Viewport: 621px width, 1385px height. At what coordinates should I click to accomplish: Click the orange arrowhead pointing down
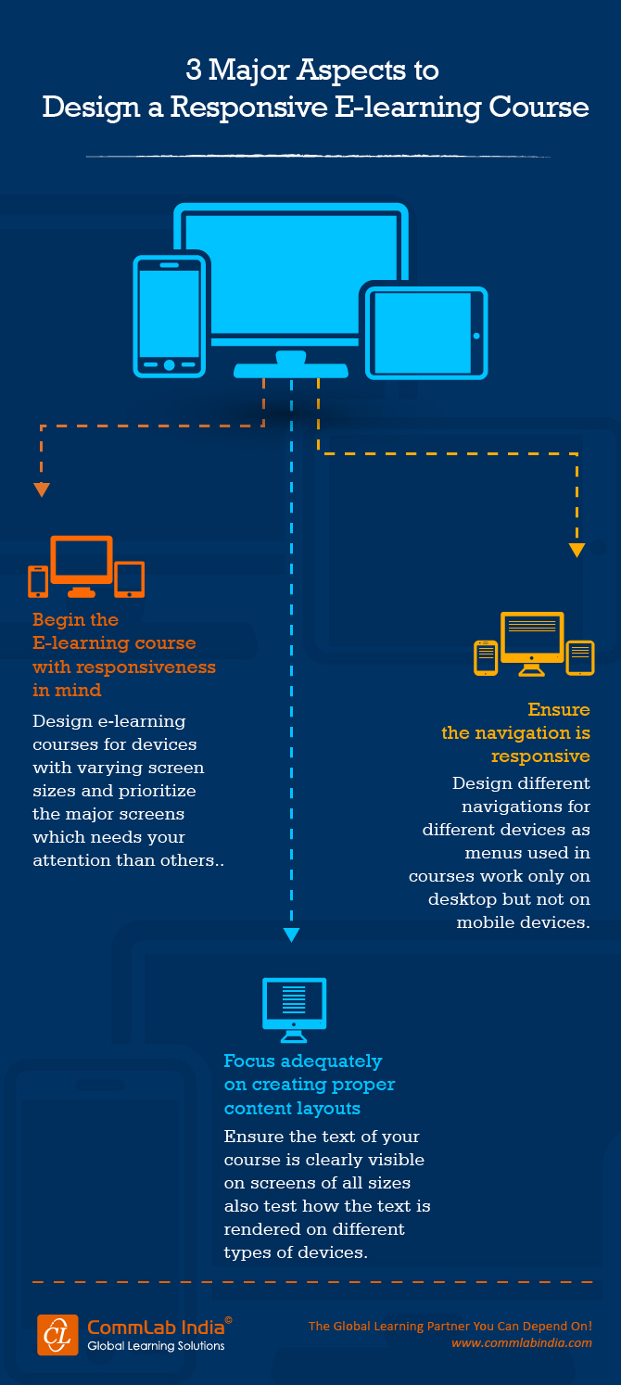point(42,489)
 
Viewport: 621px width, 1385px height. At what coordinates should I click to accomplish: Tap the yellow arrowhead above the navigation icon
point(577,550)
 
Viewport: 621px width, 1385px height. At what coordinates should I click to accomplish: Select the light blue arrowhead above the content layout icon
point(292,934)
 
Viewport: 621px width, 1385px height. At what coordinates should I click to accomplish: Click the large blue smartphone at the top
point(170,314)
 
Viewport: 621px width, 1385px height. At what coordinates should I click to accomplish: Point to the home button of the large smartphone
point(169,364)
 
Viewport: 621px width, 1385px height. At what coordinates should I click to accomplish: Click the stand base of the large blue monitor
point(291,370)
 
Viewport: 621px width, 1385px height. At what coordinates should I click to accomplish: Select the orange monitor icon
point(82,563)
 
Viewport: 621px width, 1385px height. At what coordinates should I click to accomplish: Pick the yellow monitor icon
point(532,640)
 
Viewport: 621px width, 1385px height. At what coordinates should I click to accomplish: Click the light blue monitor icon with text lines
point(294,1008)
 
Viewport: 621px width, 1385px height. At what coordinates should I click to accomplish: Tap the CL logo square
point(57,1334)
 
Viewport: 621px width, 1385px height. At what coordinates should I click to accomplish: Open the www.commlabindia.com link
point(522,1342)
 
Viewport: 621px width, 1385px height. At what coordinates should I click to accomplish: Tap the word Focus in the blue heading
point(250,1061)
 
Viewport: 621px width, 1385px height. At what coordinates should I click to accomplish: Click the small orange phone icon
point(38,581)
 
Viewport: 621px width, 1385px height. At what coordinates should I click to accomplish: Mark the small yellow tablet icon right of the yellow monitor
point(580,657)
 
